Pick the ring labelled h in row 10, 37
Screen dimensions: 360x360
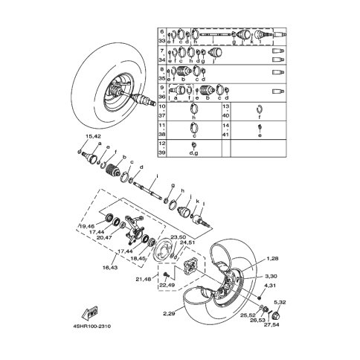pos(194,112)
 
